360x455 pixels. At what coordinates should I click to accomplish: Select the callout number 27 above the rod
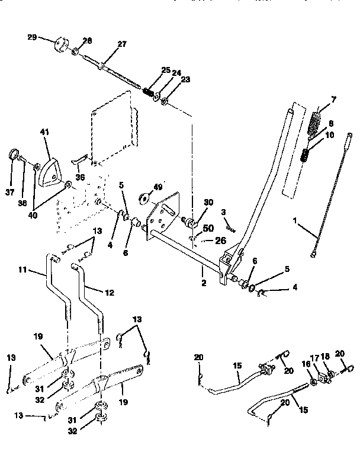pyautogui.click(x=121, y=44)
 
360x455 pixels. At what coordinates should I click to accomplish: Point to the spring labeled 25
pyautogui.click(x=149, y=92)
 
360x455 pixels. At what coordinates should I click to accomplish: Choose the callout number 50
pyautogui.click(x=208, y=228)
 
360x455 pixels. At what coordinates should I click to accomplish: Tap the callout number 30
pyautogui.click(x=208, y=203)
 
